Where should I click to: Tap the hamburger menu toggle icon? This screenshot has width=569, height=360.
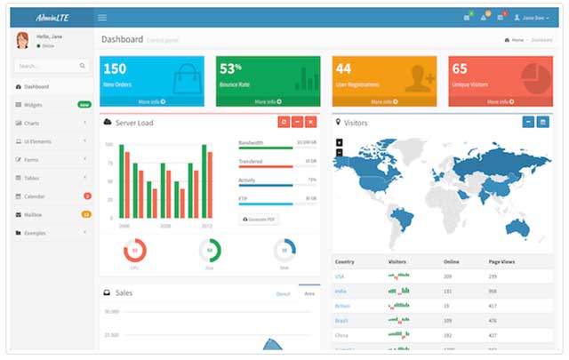(x=102, y=18)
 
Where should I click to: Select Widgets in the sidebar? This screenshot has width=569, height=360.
(x=34, y=105)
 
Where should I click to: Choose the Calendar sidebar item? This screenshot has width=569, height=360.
(x=35, y=196)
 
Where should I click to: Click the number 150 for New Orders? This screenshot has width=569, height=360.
(x=116, y=69)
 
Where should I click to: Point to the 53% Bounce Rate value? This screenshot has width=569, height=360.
(x=231, y=69)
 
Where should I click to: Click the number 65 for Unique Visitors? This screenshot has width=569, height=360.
(x=460, y=69)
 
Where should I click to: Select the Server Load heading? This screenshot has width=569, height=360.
(x=134, y=123)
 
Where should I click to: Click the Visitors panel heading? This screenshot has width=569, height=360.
(x=356, y=123)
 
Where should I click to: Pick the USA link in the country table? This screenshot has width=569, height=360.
(x=340, y=276)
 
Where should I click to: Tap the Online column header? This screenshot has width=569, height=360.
(x=452, y=262)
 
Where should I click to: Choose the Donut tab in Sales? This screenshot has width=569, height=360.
(x=283, y=292)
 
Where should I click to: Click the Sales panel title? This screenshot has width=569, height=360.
(x=123, y=292)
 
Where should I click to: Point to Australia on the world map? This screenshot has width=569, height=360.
(x=516, y=227)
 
